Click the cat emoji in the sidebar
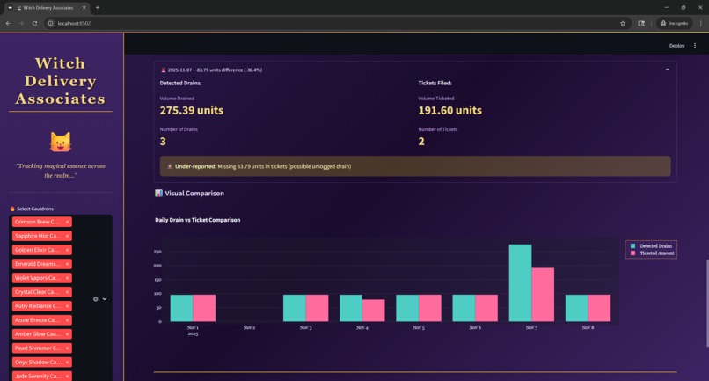pos(60,141)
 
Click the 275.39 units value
pos(191,111)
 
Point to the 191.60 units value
pos(450,111)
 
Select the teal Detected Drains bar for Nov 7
pos(520,282)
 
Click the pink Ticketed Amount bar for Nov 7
pos(543,295)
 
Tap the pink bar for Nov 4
pos(374,310)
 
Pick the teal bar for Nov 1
pos(181,308)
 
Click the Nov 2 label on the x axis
pos(249,327)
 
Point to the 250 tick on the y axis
pos(157,252)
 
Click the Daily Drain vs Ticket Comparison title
pos(197,220)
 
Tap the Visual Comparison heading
pos(194,194)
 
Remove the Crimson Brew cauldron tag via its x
pos(67,223)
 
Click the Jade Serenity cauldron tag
pos(37,377)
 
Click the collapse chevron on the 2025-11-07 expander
pos(667,70)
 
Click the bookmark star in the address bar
pos(623,24)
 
